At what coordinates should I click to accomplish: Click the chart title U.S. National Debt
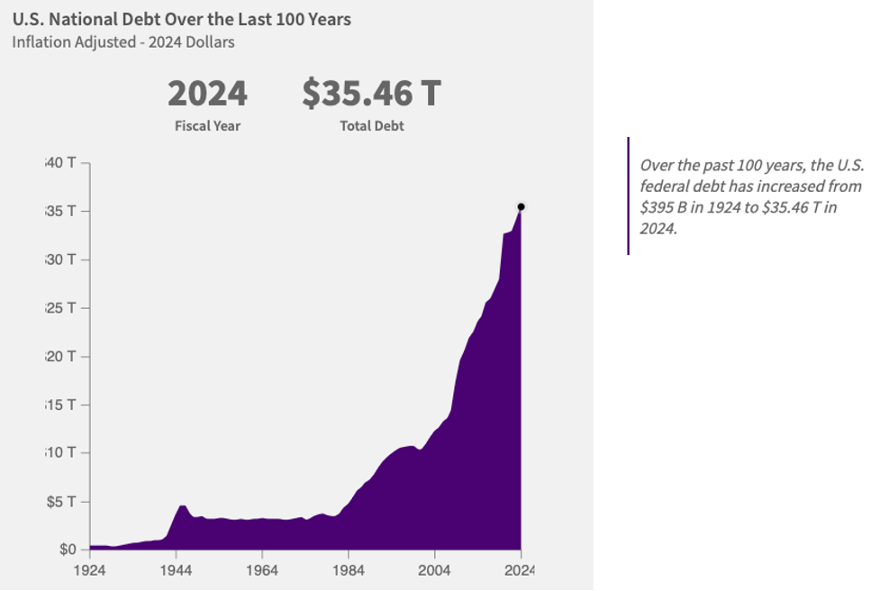(181, 19)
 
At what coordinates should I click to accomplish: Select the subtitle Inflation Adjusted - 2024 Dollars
(123, 42)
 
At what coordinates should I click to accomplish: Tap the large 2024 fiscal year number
(207, 94)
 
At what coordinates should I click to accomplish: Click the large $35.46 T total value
(371, 94)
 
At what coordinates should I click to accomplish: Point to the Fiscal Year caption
(207, 126)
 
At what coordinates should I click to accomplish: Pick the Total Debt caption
(371, 126)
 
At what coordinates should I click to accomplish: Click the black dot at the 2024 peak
(521, 206)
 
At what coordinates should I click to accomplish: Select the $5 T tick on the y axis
(62, 501)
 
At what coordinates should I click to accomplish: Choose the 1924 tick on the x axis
(89, 569)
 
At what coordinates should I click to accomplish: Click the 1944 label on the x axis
(176, 569)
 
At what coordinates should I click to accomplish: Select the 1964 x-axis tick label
(261, 569)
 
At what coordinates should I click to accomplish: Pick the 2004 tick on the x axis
(434, 569)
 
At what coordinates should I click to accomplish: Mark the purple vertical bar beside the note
(628, 195)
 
